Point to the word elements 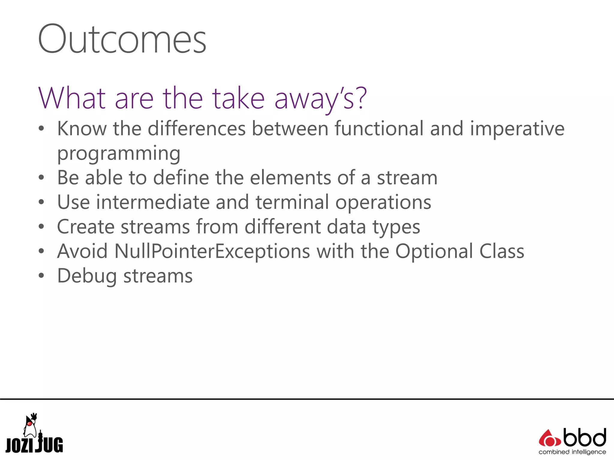pyautogui.click(x=290, y=178)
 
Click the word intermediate pyautogui.click(x=153, y=202)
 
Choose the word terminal pyautogui.click(x=292, y=202)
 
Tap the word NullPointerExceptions pyautogui.click(x=212, y=252)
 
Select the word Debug pyautogui.click(x=87, y=276)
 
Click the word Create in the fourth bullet pyautogui.click(x=86, y=227)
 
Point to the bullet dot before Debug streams pyautogui.click(x=41, y=276)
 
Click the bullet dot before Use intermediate pyautogui.click(x=41, y=202)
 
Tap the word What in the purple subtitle pyautogui.click(x=72, y=98)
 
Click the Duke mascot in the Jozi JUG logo pyautogui.click(x=30, y=425)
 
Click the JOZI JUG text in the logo pyautogui.click(x=34, y=445)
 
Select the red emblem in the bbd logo pyautogui.click(x=549, y=438)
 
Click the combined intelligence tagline pyautogui.click(x=572, y=452)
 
